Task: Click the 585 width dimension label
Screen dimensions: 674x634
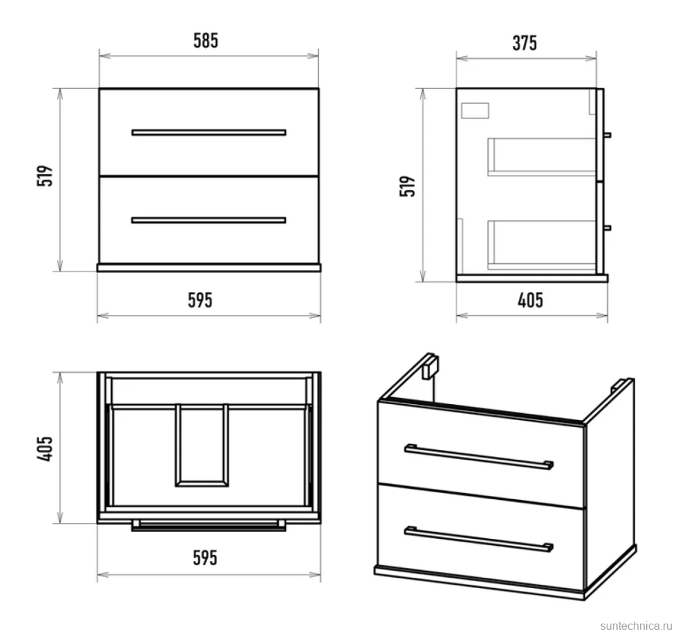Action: click(x=206, y=41)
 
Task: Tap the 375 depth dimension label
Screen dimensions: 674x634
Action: click(x=525, y=43)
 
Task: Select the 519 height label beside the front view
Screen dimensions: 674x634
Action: click(x=44, y=176)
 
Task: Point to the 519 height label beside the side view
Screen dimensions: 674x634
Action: click(x=407, y=186)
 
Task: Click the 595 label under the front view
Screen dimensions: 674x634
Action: click(x=200, y=300)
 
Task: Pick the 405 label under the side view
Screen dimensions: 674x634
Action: click(x=530, y=300)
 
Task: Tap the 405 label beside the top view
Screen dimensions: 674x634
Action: click(x=44, y=449)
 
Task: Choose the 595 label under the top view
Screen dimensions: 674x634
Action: click(x=204, y=558)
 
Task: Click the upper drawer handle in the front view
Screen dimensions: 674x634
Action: click(x=209, y=133)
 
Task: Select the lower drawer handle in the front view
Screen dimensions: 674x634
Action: click(x=209, y=220)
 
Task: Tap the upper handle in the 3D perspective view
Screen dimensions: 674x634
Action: click(x=479, y=457)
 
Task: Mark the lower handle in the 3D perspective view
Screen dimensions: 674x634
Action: click(x=479, y=539)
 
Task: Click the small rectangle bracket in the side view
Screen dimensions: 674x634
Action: click(x=475, y=110)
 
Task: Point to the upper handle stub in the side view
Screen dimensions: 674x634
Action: click(x=607, y=135)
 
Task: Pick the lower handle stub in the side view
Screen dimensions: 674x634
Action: click(x=607, y=228)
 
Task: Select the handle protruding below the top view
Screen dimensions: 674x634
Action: click(x=209, y=526)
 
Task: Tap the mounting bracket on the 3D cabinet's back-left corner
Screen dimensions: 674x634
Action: click(x=430, y=367)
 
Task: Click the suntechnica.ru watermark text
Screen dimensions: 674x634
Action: click(x=636, y=626)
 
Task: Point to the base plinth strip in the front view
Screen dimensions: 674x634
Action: click(x=209, y=268)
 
